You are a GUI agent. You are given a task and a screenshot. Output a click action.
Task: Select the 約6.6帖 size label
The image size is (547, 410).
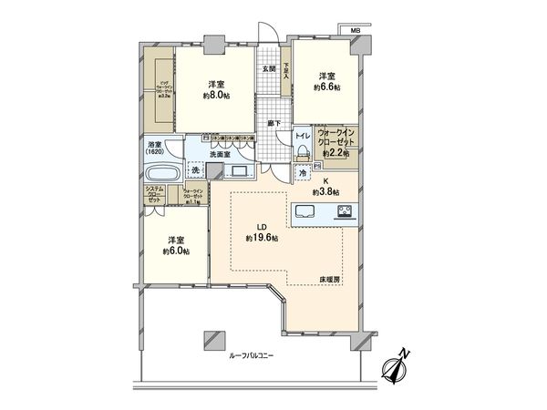coord(328,87)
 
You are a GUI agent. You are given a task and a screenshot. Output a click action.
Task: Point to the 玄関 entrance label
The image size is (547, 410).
coord(269,68)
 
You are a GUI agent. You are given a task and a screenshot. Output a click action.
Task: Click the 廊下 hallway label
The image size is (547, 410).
coord(272,123)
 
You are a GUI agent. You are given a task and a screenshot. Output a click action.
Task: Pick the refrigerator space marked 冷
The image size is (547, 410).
coord(302,173)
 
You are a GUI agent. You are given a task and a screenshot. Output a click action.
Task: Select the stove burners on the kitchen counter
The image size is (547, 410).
coord(346,214)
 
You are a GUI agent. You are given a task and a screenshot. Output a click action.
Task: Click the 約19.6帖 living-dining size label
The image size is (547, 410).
coord(262,237)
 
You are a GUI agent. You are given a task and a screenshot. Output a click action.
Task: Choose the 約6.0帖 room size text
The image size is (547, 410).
coord(176,250)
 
